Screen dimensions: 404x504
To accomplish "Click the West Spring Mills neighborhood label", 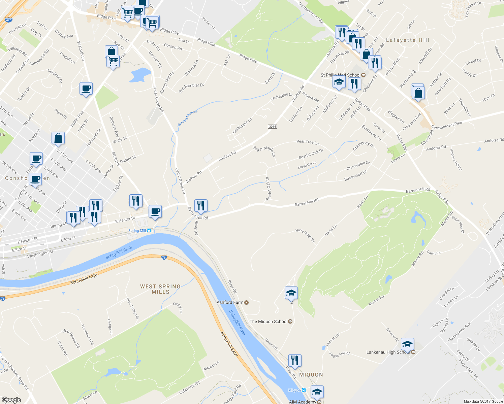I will click(x=160, y=289).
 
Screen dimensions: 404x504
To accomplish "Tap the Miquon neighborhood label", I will click(x=311, y=375).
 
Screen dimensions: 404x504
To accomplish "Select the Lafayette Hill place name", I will click(x=408, y=40).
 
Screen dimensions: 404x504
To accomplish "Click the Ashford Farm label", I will click(x=230, y=302).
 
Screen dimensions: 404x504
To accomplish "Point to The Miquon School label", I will click(x=269, y=322).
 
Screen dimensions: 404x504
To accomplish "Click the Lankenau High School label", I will click(x=388, y=352).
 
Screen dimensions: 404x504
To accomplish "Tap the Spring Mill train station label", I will click(x=137, y=231).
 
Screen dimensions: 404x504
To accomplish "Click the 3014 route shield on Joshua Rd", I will click(x=272, y=127).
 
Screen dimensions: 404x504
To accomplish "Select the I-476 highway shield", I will click(x=9, y=20).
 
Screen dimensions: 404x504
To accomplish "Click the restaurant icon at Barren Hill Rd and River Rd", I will click(x=201, y=205).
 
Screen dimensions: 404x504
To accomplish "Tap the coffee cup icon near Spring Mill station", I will click(x=155, y=211).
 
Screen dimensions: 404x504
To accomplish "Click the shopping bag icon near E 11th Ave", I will click(x=58, y=138).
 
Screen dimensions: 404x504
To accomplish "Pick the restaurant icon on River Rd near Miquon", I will click(x=295, y=360).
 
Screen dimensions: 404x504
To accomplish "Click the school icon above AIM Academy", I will click(x=317, y=392).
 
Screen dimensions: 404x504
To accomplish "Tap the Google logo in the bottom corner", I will click(x=11, y=400).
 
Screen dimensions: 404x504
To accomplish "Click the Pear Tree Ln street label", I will click(x=307, y=142).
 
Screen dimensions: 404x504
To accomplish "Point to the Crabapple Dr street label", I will click(x=242, y=125).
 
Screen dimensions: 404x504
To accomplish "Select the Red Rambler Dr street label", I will click(x=191, y=88).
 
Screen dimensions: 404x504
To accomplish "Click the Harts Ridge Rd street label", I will click(x=305, y=235).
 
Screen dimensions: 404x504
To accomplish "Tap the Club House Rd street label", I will click(x=71, y=338).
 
